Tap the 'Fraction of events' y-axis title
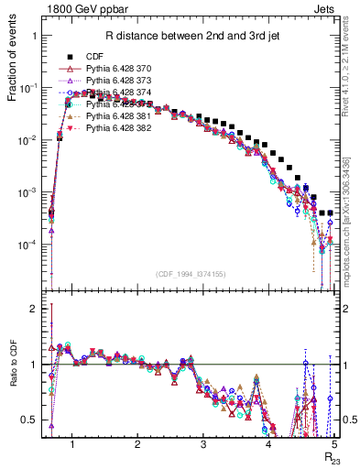click(16, 73)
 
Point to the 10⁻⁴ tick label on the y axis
click(35, 245)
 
